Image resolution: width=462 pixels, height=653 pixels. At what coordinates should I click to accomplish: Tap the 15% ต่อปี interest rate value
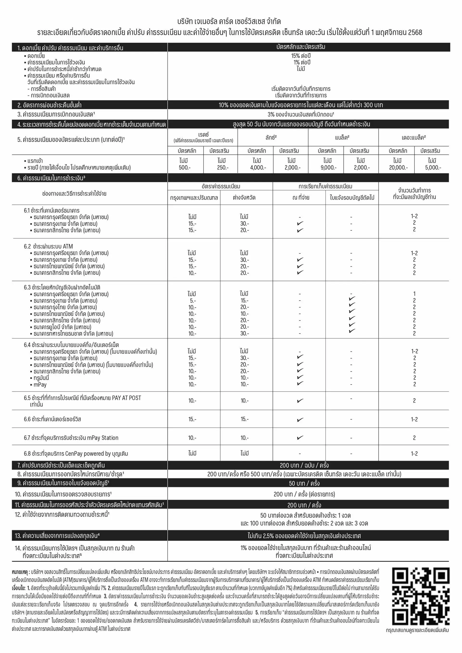click(301, 56)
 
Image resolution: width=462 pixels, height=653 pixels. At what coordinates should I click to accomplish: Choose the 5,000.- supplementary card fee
click(433, 167)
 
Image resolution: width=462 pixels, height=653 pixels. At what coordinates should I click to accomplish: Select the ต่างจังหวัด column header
click(244, 197)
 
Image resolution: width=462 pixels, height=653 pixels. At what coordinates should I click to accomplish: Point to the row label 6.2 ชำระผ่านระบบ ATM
click(48, 246)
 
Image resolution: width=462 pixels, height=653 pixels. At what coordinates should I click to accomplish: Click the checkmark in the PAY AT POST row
click(300, 401)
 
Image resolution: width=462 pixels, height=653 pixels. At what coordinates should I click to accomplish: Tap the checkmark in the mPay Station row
click(300, 438)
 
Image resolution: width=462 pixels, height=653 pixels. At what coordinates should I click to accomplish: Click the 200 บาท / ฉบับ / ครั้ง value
click(304, 465)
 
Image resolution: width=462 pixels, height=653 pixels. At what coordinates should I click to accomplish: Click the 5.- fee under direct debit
click(192, 301)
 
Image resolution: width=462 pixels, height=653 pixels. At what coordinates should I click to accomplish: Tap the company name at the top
click(229, 22)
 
